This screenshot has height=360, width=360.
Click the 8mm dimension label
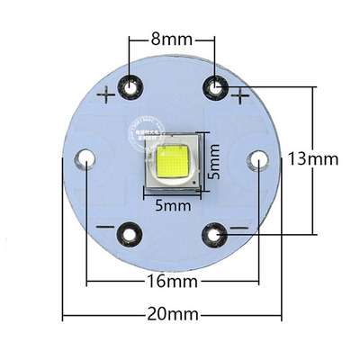coord(173,40)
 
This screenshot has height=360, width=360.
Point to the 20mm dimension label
coord(173,317)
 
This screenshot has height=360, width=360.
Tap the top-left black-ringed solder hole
coord(131,86)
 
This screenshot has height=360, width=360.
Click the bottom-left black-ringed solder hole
coord(131,236)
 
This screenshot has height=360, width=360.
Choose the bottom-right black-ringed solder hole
coord(215,236)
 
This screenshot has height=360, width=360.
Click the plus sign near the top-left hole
coord(110,94)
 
